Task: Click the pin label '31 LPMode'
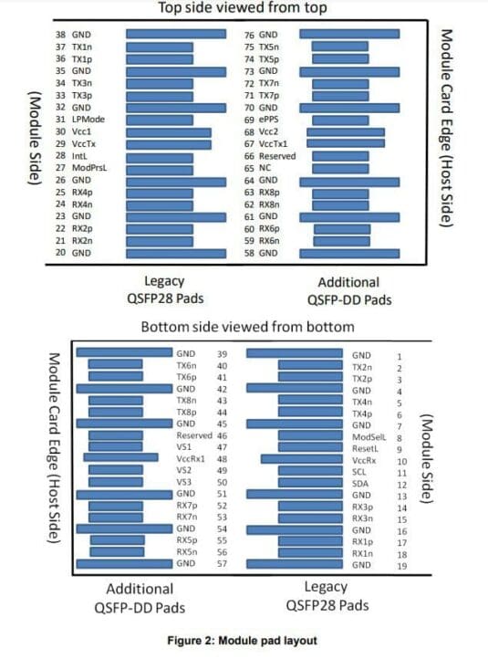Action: coord(78,119)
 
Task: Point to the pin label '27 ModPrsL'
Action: coord(78,167)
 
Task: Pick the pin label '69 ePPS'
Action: coord(263,119)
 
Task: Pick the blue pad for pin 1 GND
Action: coord(296,353)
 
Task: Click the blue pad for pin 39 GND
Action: coord(124,353)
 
